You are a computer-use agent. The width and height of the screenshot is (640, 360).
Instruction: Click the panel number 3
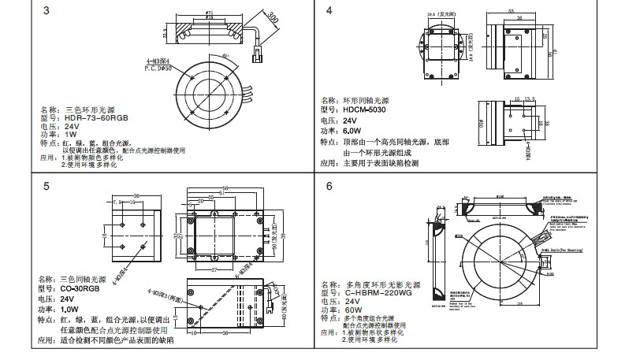click(47, 11)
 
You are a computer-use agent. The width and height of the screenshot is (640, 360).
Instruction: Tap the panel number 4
click(329, 11)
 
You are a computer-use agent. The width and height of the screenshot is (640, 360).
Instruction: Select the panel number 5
click(47, 187)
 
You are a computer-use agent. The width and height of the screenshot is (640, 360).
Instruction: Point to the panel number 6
click(329, 187)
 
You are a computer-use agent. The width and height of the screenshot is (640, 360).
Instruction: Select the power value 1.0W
click(69, 310)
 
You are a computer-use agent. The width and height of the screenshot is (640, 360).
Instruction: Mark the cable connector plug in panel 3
click(259, 56)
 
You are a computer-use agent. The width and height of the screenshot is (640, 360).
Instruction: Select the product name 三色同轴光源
click(83, 280)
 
